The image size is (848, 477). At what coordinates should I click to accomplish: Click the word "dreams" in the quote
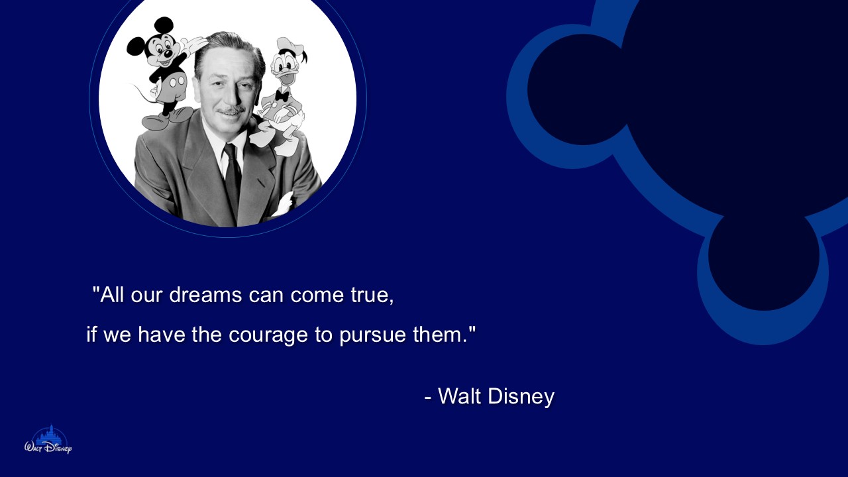[x=205, y=295]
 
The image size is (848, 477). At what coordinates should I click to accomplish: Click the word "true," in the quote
[x=372, y=295]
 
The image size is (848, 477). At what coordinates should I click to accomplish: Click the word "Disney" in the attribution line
[x=521, y=397]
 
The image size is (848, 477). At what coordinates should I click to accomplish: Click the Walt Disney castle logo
[x=48, y=440]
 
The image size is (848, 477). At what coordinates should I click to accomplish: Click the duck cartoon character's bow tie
[x=282, y=95]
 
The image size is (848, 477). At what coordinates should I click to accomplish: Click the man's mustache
[x=231, y=110]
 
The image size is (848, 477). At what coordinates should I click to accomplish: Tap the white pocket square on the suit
[x=284, y=203]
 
